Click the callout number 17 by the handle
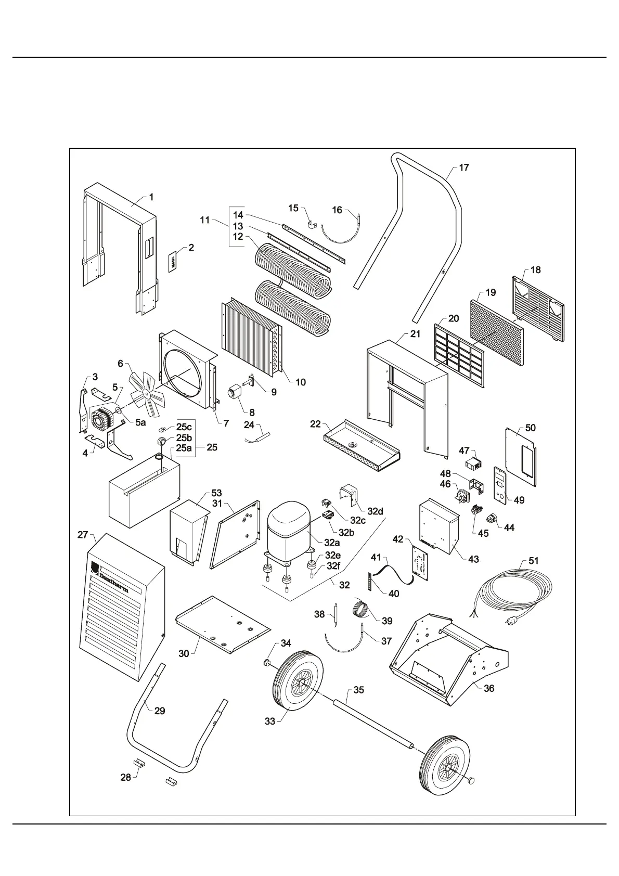coord(463,168)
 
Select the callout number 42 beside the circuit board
coord(398,539)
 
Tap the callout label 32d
coord(375,511)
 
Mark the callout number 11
coord(204,220)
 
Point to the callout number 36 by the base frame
coord(488,688)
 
